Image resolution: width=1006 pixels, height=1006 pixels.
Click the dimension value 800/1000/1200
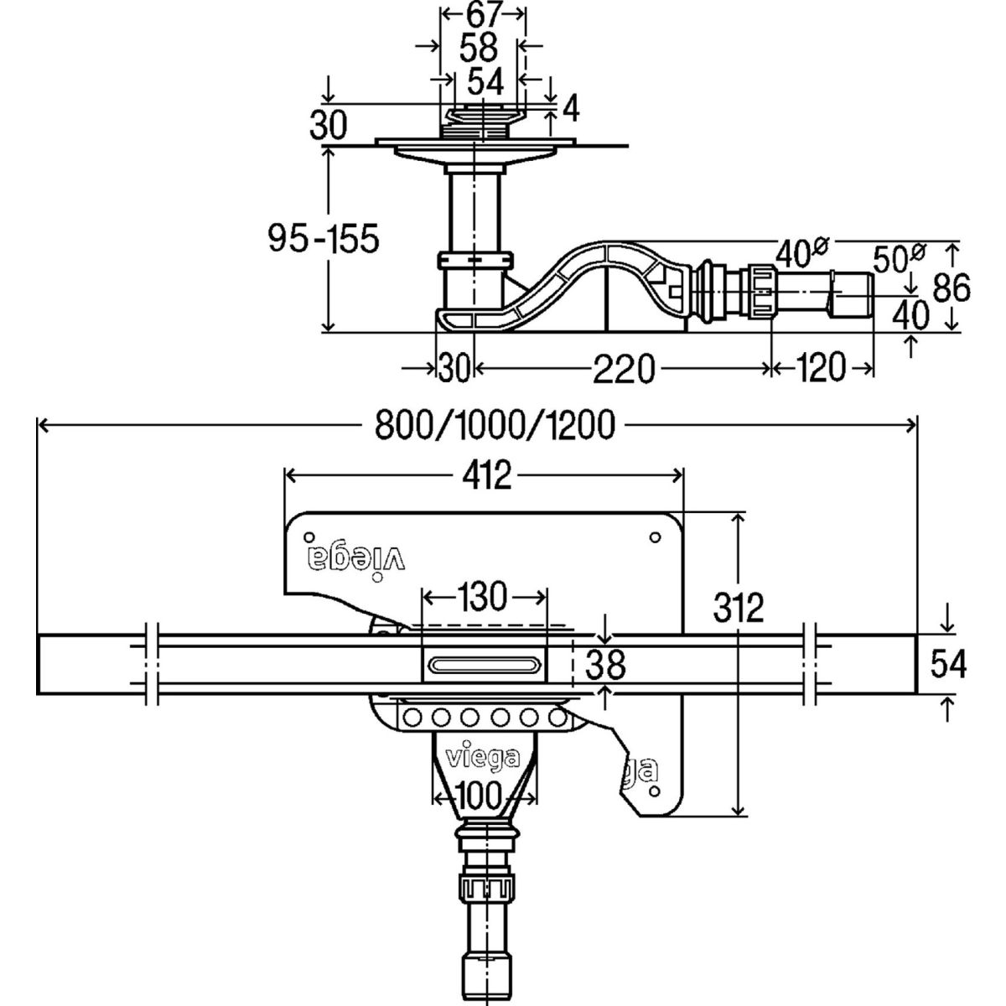[x=495, y=426]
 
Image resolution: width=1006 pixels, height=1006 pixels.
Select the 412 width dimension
[x=485, y=476]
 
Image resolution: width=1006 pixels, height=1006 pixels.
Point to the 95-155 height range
[x=324, y=239]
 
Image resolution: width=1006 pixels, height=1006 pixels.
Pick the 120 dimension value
[x=822, y=368]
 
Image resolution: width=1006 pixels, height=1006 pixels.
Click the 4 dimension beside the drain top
[x=570, y=107]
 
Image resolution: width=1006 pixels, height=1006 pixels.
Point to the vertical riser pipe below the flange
[x=474, y=210]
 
